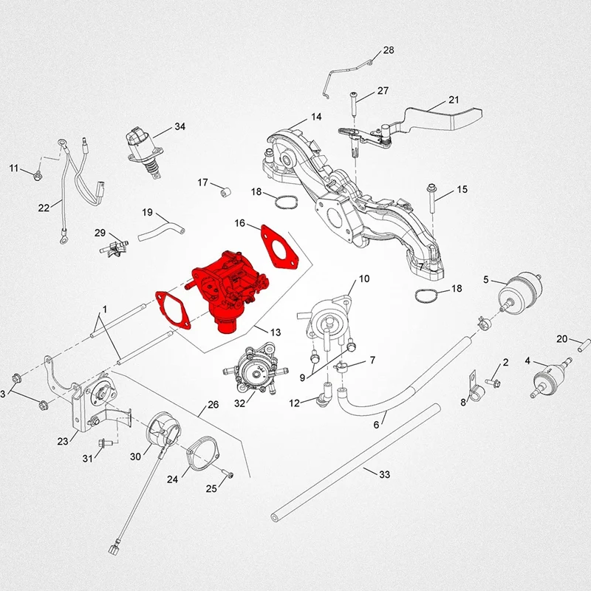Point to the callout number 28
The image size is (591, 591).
point(389,51)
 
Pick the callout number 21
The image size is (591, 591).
point(454,100)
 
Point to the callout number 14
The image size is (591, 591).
point(315,117)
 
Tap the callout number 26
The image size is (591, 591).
point(213,405)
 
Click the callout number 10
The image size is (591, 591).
point(363,279)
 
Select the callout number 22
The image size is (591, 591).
point(44,208)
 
